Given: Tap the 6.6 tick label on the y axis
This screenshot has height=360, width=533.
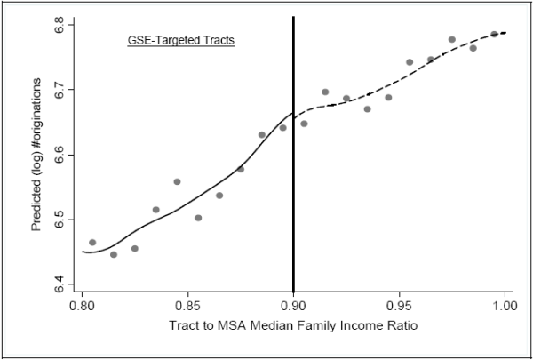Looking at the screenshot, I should point(60,155).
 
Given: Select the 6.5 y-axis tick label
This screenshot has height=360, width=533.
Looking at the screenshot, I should point(60,220).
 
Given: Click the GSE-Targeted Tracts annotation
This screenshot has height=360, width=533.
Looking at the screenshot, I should point(177,41).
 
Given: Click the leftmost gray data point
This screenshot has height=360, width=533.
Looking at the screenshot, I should point(92,243).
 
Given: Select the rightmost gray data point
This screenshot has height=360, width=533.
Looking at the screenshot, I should point(494,35).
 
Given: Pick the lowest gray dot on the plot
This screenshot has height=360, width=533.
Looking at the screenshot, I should point(114,254).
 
